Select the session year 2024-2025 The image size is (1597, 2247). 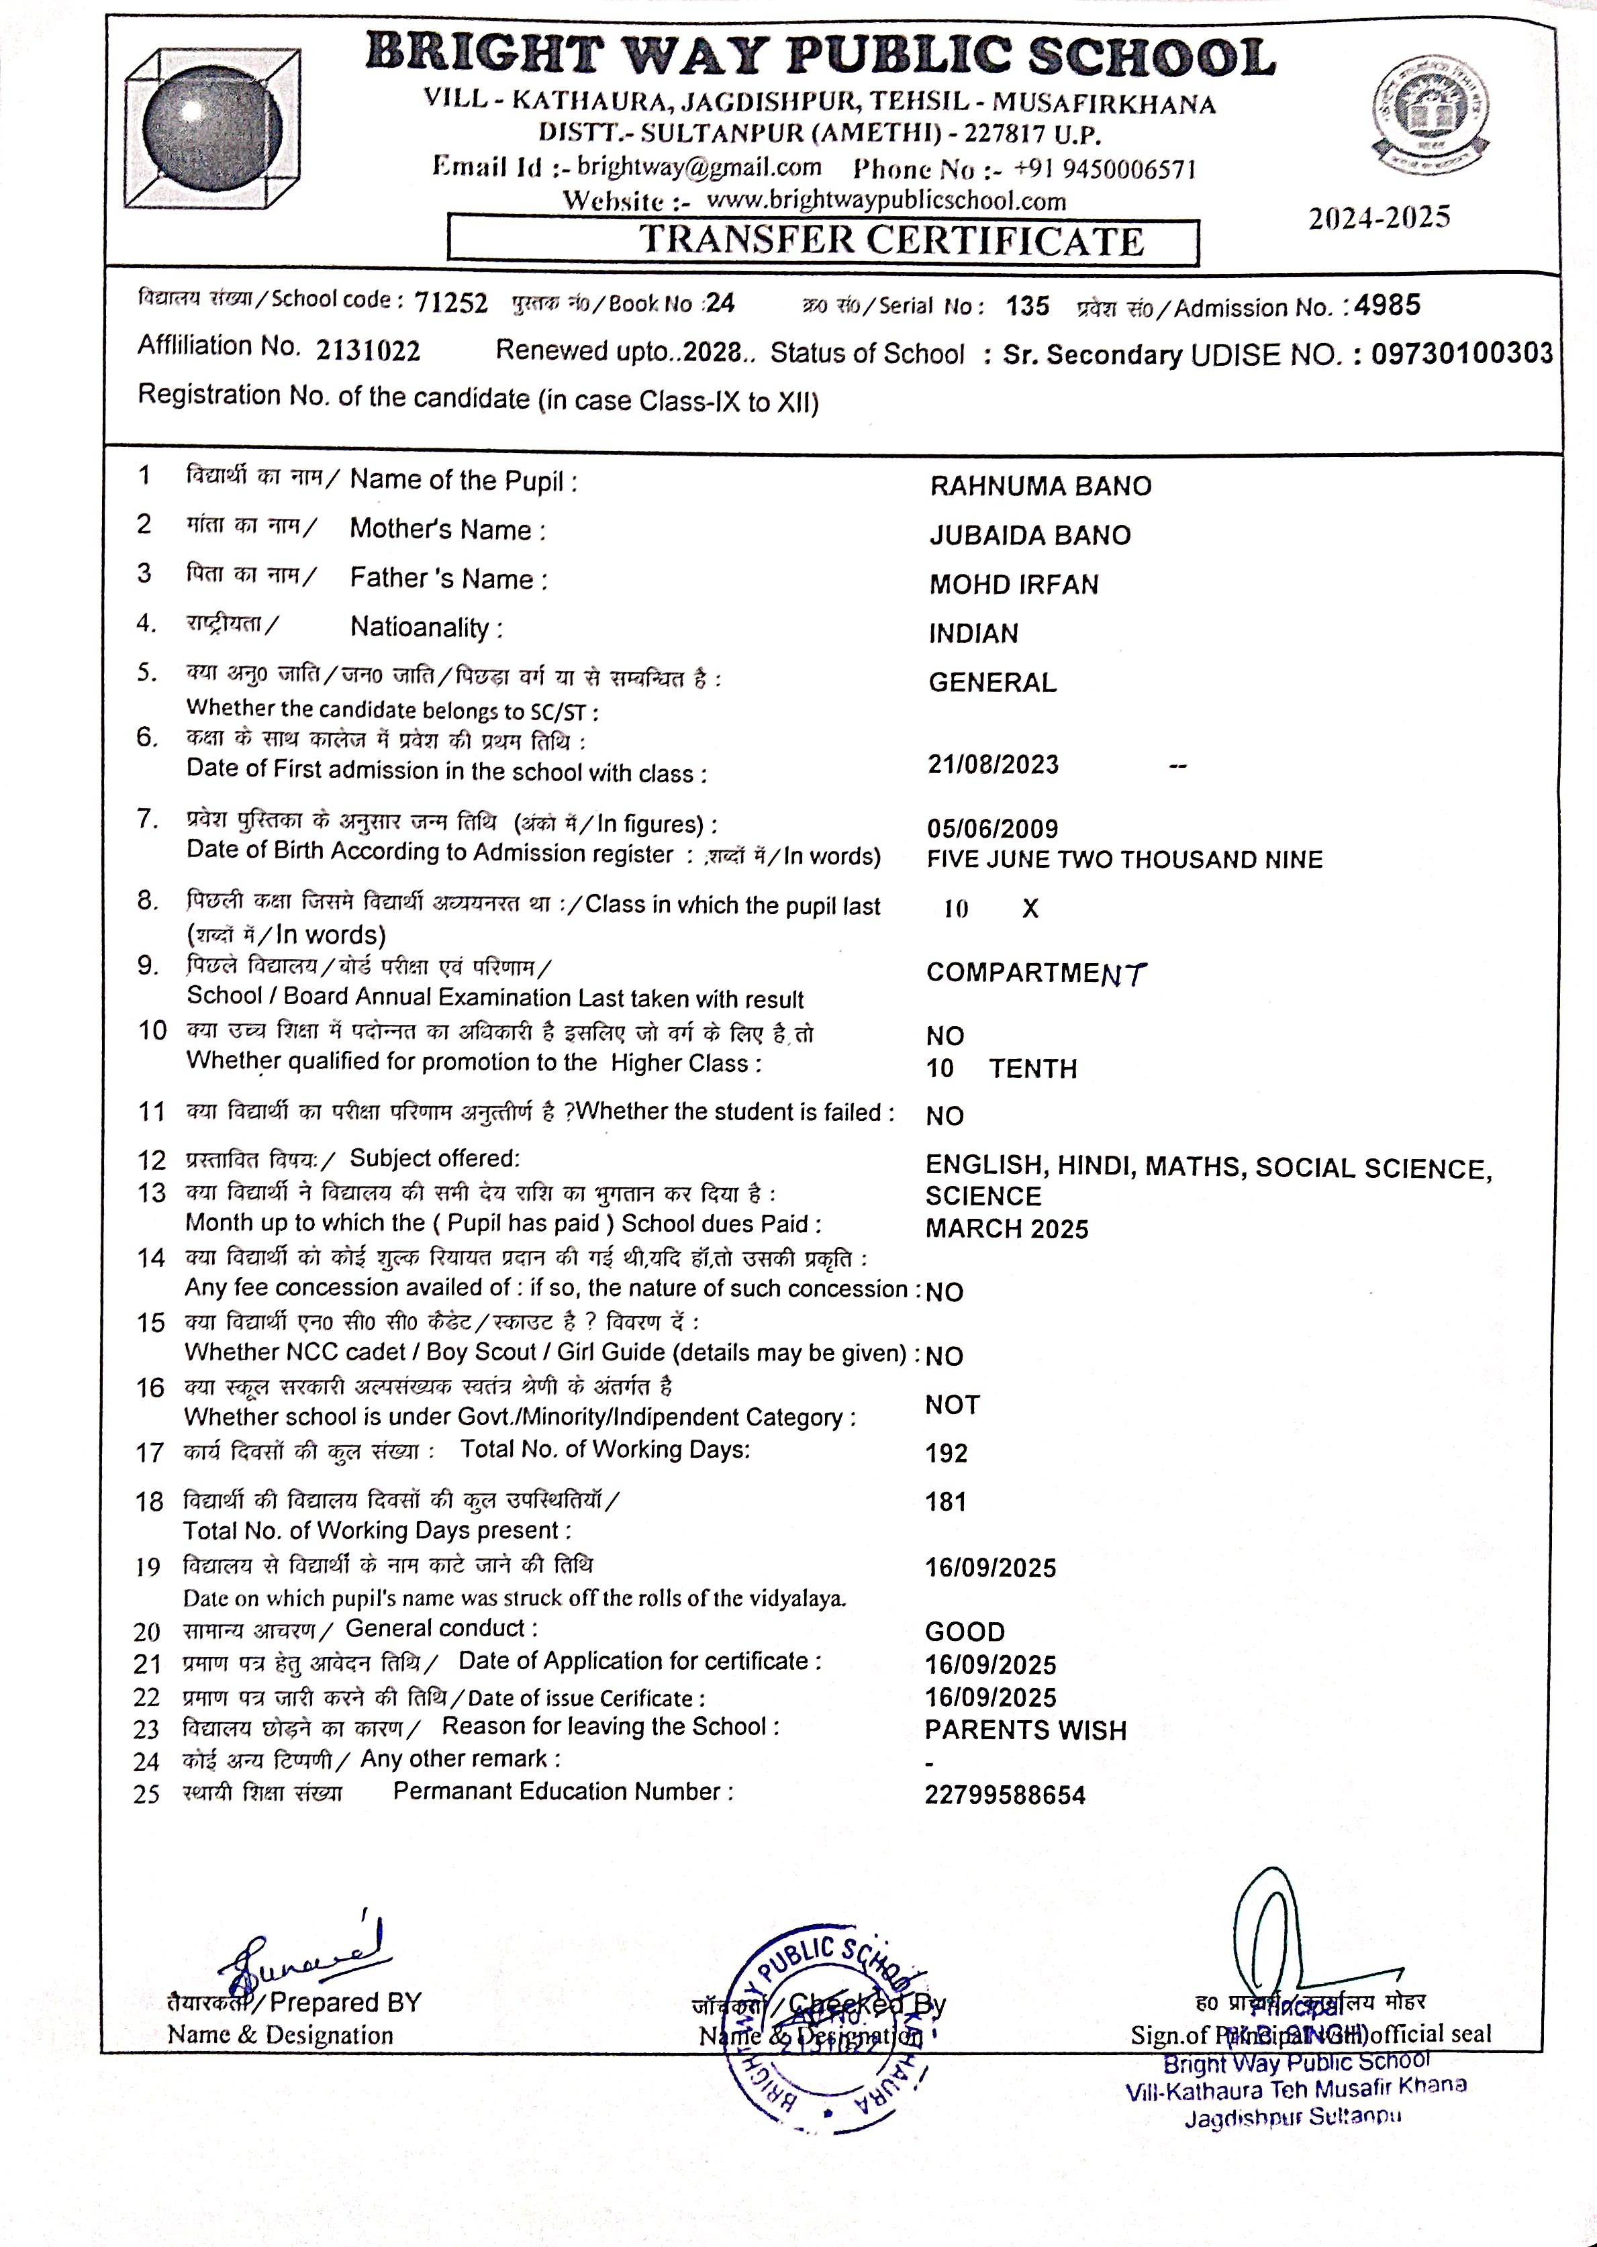point(1379,218)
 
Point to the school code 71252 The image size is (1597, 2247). point(450,303)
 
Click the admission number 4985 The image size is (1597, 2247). point(1387,305)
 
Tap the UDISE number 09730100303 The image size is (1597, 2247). point(1461,354)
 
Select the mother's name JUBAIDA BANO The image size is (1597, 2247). point(1030,536)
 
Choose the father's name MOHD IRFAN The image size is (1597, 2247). point(1014,585)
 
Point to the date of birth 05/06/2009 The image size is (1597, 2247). point(992,829)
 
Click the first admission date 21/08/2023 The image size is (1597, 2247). point(994,764)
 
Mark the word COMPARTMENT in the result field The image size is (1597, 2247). point(1036,973)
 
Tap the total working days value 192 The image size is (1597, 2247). point(946,1453)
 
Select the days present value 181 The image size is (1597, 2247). point(946,1502)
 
